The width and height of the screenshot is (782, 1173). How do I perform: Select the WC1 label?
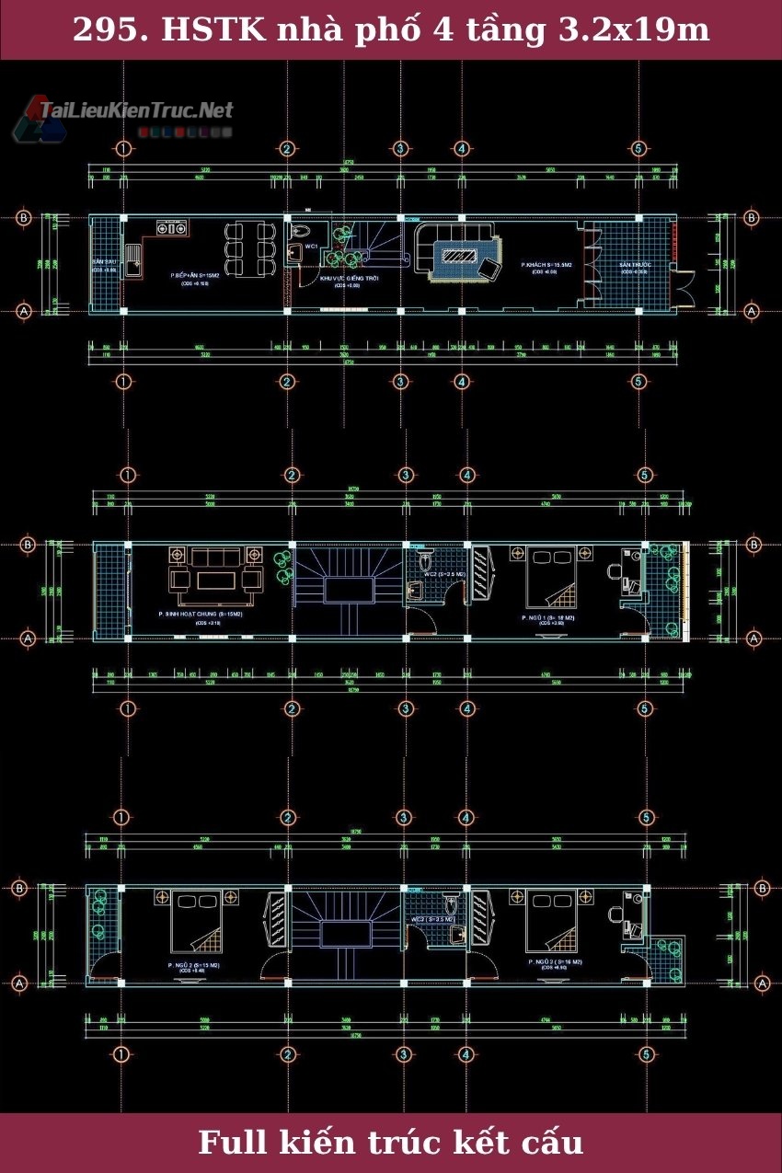[x=312, y=247]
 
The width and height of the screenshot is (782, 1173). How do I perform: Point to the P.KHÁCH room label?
[x=546, y=265]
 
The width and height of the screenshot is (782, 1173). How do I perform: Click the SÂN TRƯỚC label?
[x=634, y=265]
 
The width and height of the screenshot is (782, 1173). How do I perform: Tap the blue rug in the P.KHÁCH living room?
[x=456, y=256]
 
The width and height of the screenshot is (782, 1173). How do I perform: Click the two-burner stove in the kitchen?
[x=171, y=226]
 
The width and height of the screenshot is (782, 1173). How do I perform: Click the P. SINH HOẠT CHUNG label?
[x=200, y=614]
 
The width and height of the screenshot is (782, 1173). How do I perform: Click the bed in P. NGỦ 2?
[x=196, y=924]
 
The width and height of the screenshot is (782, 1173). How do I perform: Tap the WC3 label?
[x=432, y=919]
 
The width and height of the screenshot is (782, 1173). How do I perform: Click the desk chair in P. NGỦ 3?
[x=614, y=913]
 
